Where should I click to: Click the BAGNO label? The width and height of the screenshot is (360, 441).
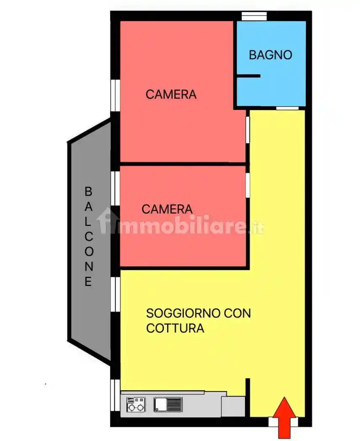[x=270, y=55]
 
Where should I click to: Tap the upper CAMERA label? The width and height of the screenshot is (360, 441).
[x=171, y=94]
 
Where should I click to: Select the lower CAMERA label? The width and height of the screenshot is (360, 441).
[x=167, y=209]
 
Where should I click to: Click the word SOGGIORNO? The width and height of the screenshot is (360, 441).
[x=183, y=313]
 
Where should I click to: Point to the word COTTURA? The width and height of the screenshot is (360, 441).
[x=175, y=328]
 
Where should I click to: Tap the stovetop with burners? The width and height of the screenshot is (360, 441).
[x=136, y=405]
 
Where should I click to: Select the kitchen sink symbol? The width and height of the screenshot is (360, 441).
[x=168, y=405]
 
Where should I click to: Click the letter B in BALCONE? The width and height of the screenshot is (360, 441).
[x=88, y=192]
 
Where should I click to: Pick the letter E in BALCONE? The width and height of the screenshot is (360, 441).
[x=88, y=281]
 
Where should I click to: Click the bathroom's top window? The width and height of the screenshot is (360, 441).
[x=254, y=16]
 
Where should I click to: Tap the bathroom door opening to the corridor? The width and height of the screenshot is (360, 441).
[x=287, y=108]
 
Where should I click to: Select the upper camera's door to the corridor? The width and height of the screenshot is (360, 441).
[x=248, y=130]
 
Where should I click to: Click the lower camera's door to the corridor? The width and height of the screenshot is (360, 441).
[x=248, y=185]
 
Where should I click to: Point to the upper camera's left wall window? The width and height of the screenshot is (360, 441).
[x=116, y=95]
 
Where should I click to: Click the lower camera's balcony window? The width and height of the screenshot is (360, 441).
[x=116, y=188]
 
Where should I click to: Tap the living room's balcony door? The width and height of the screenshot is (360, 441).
[x=116, y=294]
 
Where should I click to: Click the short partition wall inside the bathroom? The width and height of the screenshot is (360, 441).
[x=248, y=76]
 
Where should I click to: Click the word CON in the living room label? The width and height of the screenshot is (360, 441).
[x=237, y=313]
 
